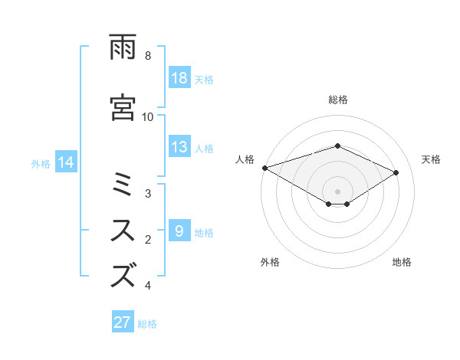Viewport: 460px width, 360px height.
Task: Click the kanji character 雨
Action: point(123,47)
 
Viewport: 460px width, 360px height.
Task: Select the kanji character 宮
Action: point(123,107)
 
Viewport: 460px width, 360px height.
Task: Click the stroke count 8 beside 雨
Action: point(148,56)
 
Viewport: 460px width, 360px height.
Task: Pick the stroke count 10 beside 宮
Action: point(148,117)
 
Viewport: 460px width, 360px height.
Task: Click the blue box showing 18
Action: point(179,78)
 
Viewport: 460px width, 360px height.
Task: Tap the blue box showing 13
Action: point(179,148)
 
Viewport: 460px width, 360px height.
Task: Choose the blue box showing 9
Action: point(179,231)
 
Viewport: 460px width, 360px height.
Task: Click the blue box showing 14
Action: point(66,162)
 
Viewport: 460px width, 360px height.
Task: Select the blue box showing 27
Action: point(123,322)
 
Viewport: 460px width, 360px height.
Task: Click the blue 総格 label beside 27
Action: point(147,324)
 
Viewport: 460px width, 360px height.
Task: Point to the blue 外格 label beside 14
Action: point(41,163)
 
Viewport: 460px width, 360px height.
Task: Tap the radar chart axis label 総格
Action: point(337,100)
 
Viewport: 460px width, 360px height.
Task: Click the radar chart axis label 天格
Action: point(432,159)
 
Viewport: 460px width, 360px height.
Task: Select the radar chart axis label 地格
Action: point(402,262)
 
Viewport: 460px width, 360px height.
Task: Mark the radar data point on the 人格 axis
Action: point(264,167)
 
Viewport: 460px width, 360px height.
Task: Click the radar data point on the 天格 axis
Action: point(396,172)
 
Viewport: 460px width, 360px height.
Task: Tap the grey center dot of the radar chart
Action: point(337,191)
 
